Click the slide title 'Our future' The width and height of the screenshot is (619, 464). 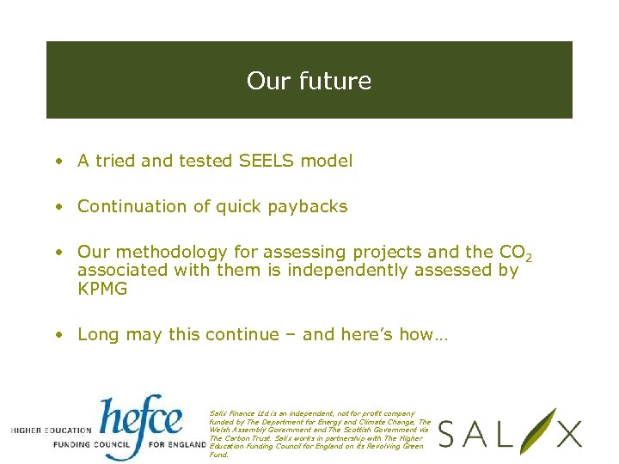(309, 81)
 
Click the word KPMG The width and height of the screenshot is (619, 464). (102, 290)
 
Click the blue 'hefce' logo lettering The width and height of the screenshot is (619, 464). (142, 418)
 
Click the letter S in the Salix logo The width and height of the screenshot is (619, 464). (450, 434)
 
